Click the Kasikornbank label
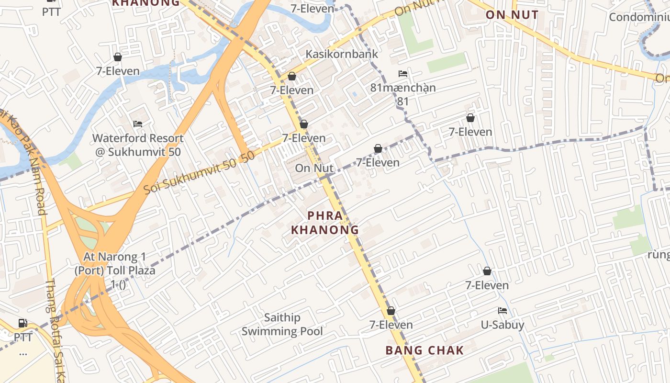click(x=342, y=54)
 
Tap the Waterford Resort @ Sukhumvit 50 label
click(x=138, y=145)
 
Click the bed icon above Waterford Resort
click(x=138, y=124)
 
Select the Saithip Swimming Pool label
click(x=282, y=324)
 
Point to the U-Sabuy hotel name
click(x=502, y=325)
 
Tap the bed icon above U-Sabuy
click(x=502, y=311)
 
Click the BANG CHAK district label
click(x=424, y=350)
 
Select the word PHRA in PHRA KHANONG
click(x=325, y=216)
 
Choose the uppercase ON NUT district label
click(x=512, y=15)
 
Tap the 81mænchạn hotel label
click(x=403, y=88)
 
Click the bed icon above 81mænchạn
click(x=403, y=74)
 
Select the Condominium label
click(x=639, y=17)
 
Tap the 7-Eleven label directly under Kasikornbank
click(x=292, y=90)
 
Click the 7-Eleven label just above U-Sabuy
click(x=487, y=285)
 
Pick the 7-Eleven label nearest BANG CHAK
click(x=391, y=325)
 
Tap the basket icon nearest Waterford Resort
click(x=117, y=57)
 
